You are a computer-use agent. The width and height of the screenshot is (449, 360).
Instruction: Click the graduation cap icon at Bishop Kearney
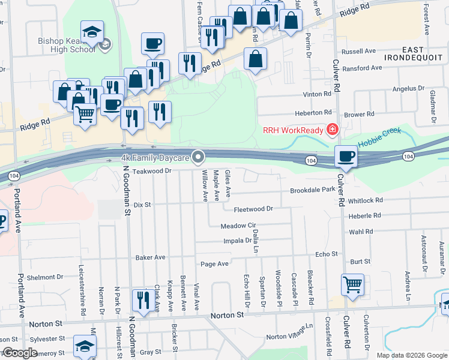92,32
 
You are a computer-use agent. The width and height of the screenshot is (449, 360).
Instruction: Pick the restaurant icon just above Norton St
143,298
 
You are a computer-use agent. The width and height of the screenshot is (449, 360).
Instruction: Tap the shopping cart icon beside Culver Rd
352,284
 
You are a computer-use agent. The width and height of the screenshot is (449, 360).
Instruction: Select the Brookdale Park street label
312,189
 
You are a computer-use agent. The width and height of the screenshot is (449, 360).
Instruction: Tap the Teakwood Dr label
152,170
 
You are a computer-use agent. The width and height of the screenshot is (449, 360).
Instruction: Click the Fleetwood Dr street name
253,209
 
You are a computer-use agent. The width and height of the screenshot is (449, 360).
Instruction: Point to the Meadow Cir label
238,226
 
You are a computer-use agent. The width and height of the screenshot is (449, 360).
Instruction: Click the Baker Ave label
150,257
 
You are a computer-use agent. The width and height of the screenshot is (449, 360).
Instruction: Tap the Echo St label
327,254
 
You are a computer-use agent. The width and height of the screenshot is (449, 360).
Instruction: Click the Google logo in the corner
20,353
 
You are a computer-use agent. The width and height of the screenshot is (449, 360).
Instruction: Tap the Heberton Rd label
313,113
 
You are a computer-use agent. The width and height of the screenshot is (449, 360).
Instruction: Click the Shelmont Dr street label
41,277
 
